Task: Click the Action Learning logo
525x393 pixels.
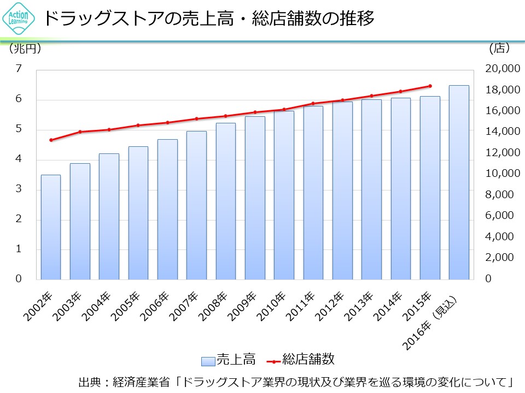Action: tap(16, 20)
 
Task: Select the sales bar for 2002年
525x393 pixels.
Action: tap(51, 227)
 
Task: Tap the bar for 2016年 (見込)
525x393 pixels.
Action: tap(459, 182)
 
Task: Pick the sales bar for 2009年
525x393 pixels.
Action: tap(255, 198)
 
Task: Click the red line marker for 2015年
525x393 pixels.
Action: tap(430, 86)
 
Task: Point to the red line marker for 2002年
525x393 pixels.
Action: tap(51, 140)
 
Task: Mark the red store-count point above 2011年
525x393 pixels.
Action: tap(313, 103)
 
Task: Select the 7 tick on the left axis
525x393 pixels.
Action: tap(19, 69)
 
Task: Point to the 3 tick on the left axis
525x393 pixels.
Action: tap(19, 189)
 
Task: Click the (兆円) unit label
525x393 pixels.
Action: tap(25, 49)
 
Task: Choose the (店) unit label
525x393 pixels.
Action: tap(499, 49)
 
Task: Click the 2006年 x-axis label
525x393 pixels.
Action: tap(158, 306)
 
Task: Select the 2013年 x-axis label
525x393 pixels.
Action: tap(363, 306)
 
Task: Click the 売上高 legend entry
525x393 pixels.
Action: tap(229, 360)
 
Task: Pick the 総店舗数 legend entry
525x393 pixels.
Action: tap(301, 360)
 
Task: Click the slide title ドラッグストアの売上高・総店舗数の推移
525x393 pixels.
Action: tap(208, 19)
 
